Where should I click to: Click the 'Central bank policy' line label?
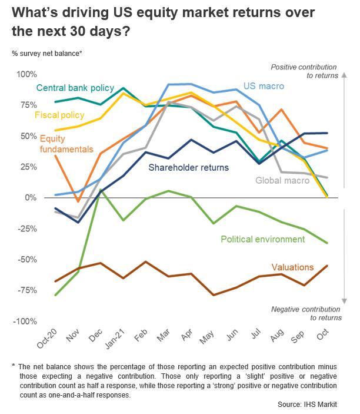(x=75, y=88)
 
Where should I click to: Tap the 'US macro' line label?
(x=264, y=87)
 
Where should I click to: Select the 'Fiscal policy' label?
(x=59, y=115)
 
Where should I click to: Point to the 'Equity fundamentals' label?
(x=66, y=144)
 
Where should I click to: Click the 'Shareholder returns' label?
(x=189, y=167)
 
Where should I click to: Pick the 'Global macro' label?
(x=282, y=180)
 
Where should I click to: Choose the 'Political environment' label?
(x=262, y=239)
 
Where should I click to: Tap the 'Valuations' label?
(x=292, y=267)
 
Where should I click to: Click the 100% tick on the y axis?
(x=26, y=74)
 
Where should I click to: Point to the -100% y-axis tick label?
(x=25, y=321)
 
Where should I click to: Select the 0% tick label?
(x=29, y=198)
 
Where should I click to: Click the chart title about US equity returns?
(x=159, y=21)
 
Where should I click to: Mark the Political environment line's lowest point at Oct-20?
(x=56, y=294)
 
